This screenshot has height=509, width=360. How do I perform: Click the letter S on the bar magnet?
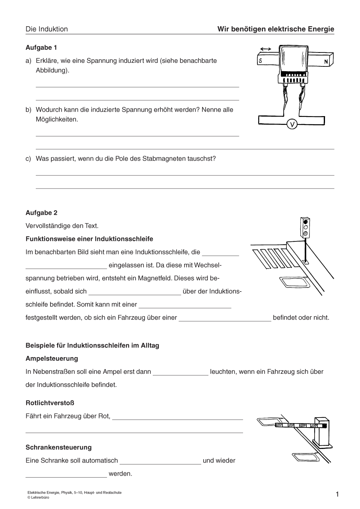coord(261,61)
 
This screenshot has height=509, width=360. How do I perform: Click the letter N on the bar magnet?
coord(326,62)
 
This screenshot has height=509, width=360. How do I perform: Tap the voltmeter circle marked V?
coord(292,124)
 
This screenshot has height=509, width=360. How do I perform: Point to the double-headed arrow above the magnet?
coord(265,49)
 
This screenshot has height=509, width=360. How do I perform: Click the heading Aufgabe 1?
coord(41,48)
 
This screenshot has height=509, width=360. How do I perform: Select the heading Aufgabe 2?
coord(41,213)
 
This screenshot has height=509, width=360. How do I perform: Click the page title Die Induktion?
coord(47,29)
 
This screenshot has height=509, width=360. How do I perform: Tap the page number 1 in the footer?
coord(337,494)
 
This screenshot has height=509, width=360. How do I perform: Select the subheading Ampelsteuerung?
coord(52,359)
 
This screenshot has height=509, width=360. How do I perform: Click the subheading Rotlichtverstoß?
coord(50,403)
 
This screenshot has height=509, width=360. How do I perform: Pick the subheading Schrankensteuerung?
coord(58,447)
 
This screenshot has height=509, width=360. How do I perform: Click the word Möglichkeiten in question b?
coord(57,119)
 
